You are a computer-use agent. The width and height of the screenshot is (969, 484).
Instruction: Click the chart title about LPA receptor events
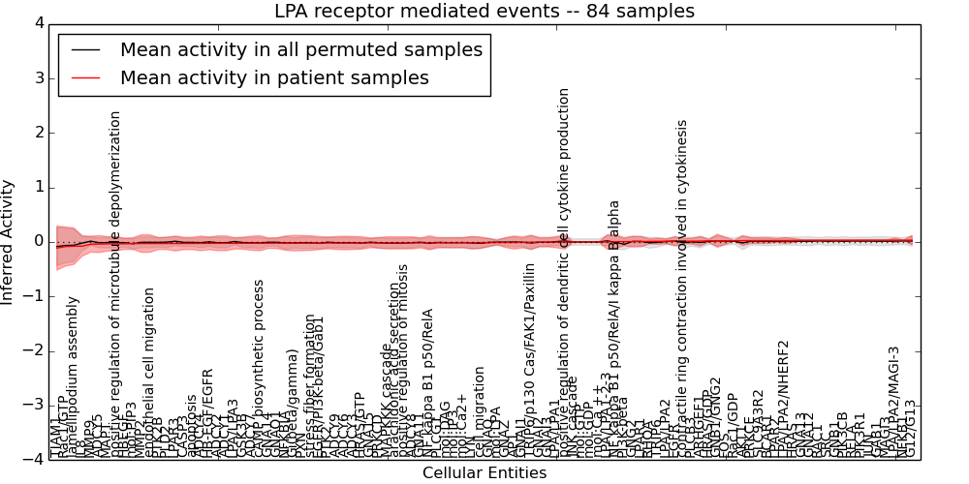(484, 12)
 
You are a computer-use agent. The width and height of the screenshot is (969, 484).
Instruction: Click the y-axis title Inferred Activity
(9, 241)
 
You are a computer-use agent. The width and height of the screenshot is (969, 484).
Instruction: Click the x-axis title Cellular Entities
(484, 473)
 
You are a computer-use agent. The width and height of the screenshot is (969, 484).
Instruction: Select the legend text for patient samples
(274, 77)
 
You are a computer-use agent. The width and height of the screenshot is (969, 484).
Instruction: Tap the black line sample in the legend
(86, 50)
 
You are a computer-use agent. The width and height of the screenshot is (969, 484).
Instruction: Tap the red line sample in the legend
(86, 77)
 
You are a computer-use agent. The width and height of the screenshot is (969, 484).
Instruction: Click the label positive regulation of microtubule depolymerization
(115, 281)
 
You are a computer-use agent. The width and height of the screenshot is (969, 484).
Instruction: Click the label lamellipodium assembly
(73, 378)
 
